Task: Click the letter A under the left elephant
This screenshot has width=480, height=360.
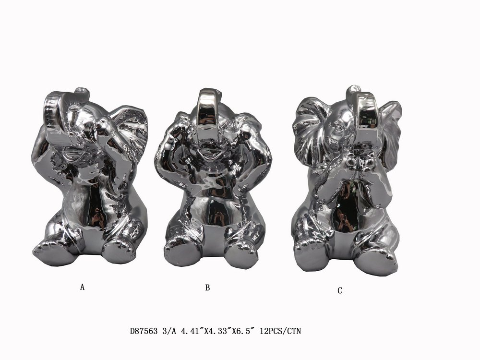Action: tap(82, 287)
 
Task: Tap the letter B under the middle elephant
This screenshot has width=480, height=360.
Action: tap(207, 288)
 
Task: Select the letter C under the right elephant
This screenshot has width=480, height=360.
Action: tap(340, 291)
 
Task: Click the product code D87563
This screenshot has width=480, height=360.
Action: tap(144, 331)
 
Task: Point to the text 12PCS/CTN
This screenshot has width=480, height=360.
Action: tap(280, 331)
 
